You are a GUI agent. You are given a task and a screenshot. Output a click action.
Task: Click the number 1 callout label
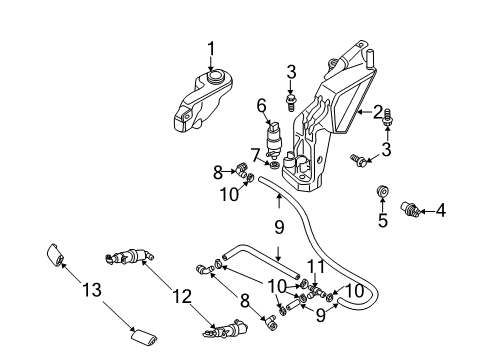(211, 50)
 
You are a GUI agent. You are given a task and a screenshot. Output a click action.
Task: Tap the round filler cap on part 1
(215, 76)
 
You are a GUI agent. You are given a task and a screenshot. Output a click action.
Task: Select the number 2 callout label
(377, 112)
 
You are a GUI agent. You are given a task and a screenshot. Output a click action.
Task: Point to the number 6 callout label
(262, 106)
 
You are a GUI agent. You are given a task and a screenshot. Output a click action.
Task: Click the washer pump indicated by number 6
(274, 139)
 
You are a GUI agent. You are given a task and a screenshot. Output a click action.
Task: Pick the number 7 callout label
(256, 155)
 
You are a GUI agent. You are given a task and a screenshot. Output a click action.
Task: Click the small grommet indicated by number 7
(274, 165)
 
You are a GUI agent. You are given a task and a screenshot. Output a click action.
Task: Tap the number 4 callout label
(440, 210)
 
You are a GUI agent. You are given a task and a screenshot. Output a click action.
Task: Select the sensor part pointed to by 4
(410, 209)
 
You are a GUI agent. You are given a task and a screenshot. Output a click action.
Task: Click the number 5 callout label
(383, 220)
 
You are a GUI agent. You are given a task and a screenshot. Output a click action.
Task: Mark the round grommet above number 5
(383, 191)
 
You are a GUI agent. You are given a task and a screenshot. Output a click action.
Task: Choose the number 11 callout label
(315, 266)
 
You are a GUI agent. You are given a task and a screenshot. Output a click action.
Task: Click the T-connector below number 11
(315, 291)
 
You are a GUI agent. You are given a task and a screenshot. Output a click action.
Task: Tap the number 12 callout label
(182, 296)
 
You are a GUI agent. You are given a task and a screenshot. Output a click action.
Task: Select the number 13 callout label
(92, 289)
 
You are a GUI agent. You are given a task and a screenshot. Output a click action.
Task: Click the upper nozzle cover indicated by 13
(56, 255)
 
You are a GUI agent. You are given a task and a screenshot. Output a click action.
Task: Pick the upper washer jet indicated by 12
(128, 256)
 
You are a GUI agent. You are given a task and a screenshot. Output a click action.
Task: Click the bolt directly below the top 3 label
(291, 102)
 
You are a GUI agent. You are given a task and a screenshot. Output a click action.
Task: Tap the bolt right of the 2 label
(388, 117)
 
